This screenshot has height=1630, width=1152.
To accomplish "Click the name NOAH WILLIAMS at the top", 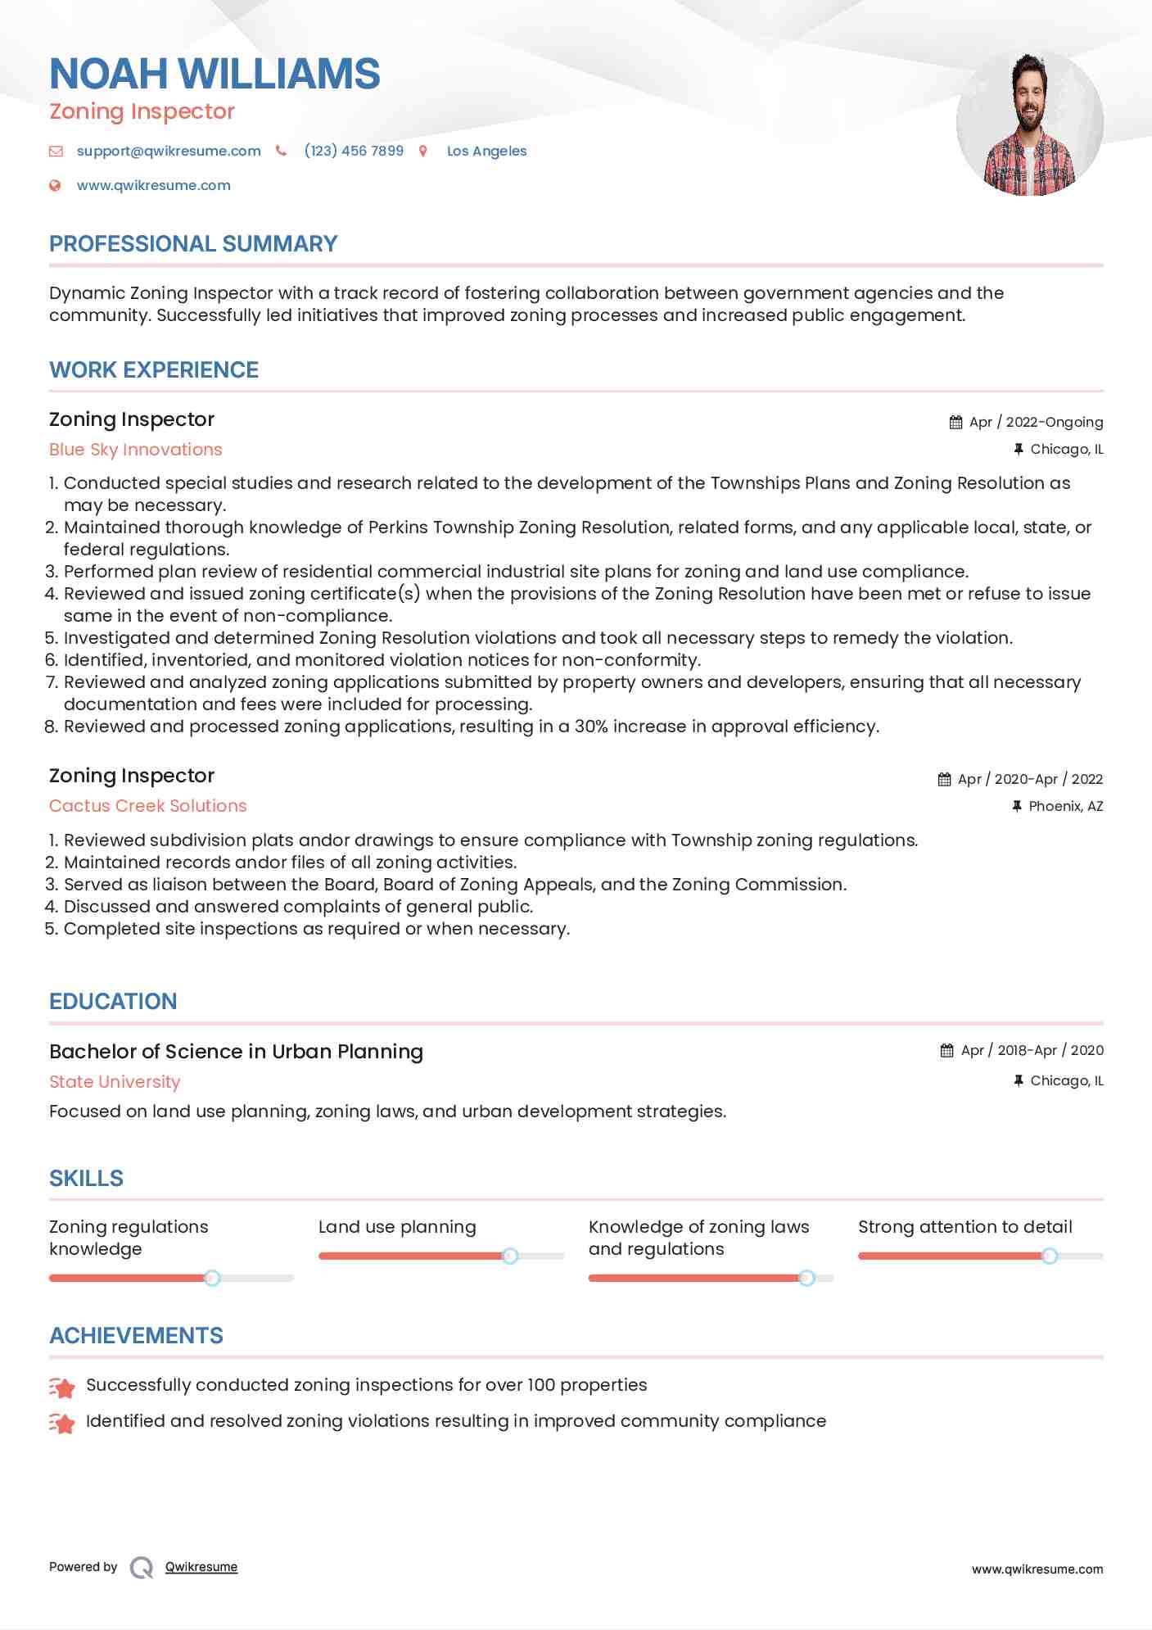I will point(215,74).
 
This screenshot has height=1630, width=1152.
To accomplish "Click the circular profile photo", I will point(1029,124).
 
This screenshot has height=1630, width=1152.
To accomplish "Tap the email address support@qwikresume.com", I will point(169,151).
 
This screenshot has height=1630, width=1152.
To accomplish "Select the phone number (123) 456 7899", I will point(354,151).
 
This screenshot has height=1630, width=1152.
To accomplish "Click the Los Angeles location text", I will point(486,151).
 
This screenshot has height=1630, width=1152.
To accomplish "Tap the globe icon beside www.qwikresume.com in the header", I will point(56,186).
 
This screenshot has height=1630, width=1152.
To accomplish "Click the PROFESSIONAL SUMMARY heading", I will point(193,244).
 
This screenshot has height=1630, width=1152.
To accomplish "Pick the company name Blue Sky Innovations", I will point(136,450).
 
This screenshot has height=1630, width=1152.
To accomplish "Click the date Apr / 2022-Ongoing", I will point(1036,423).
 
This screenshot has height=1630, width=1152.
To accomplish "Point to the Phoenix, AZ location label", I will point(1065,807).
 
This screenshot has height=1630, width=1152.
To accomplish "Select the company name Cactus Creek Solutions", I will point(148,806).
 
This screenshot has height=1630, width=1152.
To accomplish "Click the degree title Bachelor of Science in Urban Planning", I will point(236,1052).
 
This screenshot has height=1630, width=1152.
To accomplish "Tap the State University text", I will point(115,1082).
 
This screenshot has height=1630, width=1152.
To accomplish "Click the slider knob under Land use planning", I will point(510,1256).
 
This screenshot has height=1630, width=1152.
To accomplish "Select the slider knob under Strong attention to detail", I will point(1050,1256).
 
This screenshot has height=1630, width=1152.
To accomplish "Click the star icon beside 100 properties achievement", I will point(62,1387).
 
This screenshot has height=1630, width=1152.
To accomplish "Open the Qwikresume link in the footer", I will point(201,1567).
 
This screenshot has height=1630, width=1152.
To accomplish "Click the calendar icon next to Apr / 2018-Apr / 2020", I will point(947,1051).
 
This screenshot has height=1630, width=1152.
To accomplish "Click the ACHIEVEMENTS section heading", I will point(136,1336).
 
